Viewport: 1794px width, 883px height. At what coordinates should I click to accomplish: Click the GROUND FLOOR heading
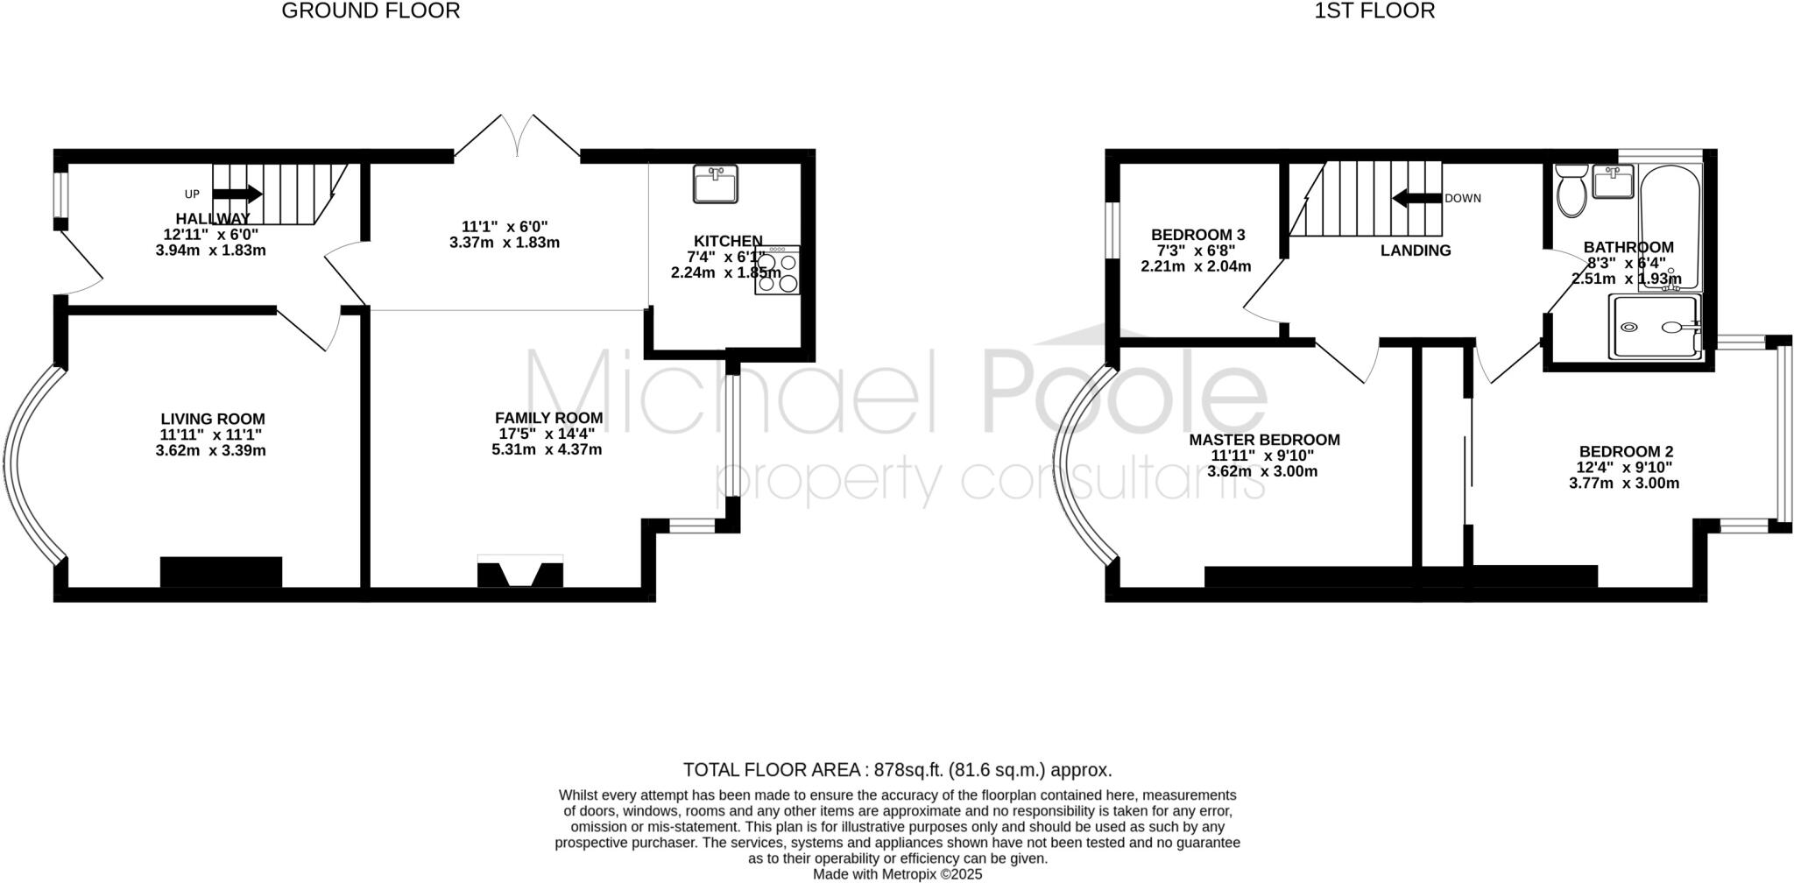click(371, 11)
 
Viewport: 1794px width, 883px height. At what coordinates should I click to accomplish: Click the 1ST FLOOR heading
click(1374, 11)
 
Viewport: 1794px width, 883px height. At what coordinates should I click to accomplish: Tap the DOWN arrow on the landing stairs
click(1416, 198)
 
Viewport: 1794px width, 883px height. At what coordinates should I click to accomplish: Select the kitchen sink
click(715, 184)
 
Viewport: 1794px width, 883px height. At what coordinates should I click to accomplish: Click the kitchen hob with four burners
click(777, 270)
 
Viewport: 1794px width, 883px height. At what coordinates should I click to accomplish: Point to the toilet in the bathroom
click(1571, 191)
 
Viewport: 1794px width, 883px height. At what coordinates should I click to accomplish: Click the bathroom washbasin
click(1613, 183)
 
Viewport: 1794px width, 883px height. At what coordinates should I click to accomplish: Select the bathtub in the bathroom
click(1669, 228)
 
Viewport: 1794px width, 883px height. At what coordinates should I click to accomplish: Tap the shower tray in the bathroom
click(1656, 327)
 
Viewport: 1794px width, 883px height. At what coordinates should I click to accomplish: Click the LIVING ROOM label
click(212, 420)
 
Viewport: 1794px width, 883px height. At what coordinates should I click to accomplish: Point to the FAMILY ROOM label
click(548, 418)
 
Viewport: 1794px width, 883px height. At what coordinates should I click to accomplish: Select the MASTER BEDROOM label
click(1264, 440)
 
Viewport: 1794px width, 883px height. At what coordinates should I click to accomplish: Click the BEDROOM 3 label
click(1197, 235)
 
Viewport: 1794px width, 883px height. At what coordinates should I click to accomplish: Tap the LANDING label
click(1416, 251)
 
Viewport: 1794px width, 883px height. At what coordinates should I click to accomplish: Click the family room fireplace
click(519, 571)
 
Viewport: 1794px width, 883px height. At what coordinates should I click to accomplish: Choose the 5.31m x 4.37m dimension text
click(547, 449)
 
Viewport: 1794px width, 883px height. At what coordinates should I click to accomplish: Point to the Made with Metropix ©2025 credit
click(897, 874)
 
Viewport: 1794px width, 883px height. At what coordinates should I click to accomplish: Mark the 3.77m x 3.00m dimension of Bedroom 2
click(1623, 483)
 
